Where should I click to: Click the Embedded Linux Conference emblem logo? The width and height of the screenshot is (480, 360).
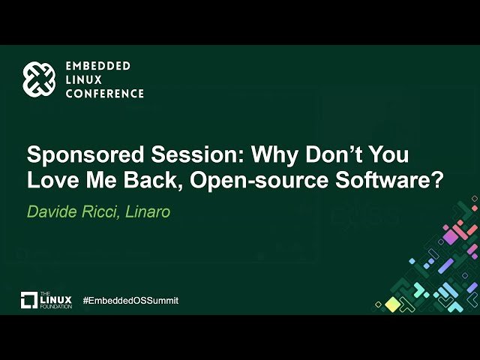pos(39,79)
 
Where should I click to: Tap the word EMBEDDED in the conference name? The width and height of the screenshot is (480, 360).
pos(98,66)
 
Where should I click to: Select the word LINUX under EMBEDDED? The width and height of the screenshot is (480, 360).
pos(83,80)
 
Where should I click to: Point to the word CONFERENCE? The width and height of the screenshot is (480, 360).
pos(105,94)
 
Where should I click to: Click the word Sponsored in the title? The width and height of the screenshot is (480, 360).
pos(85,154)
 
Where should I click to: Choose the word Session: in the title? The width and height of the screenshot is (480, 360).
pos(198,154)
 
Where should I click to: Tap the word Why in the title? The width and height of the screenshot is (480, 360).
pos(274,154)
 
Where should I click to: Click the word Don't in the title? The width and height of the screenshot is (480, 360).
pos(333,154)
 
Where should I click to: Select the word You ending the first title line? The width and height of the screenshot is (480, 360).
pos(388,154)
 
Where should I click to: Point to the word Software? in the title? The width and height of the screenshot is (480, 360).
pos(389,180)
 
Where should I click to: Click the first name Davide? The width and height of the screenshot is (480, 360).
pos(52,211)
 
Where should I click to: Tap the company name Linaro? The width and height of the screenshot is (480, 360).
pos(148,211)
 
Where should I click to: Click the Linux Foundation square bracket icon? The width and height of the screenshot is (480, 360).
pos(29,300)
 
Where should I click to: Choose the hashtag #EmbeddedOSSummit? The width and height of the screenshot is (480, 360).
pos(130,300)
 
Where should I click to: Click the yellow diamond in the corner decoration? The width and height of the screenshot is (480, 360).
pos(392,304)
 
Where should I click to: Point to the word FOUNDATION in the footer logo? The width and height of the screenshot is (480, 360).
pos(55,307)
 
